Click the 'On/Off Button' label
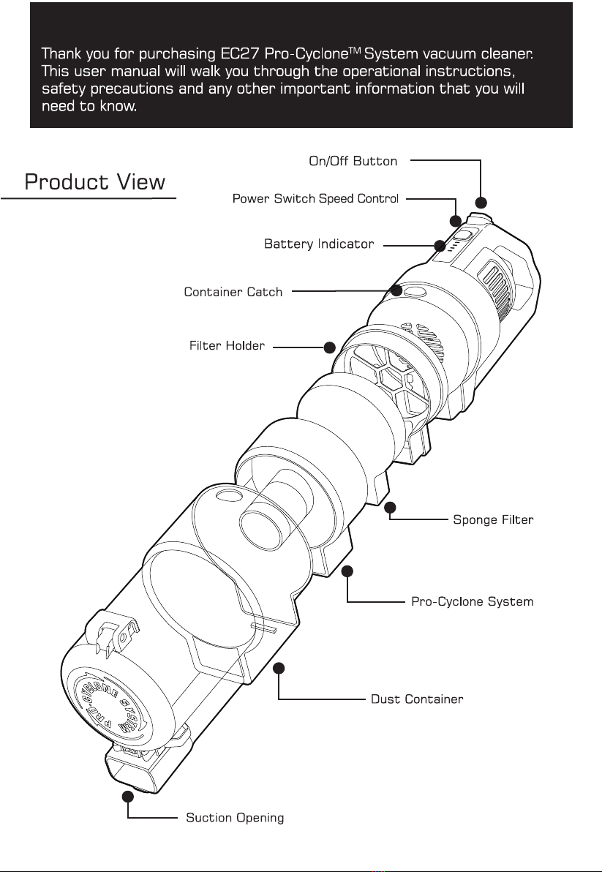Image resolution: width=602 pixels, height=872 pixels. click(x=353, y=161)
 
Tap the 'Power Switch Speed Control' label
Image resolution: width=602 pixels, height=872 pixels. click(x=315, y=199)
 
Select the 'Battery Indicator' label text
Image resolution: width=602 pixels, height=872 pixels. click(x=319, y=244)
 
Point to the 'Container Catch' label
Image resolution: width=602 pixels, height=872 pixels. click(x=233, y=293)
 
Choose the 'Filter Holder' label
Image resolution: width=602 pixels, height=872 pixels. click(x=227, y=345)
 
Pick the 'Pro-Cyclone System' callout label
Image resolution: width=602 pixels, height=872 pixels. click(x=473, y=602)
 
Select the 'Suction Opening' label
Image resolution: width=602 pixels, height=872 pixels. click(x=235, y=817)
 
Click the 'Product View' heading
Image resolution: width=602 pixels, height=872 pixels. click(x=95, y=181)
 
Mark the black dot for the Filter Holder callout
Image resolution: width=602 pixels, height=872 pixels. click(x=329, y=347)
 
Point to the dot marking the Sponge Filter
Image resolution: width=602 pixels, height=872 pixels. click(x=391, y=507)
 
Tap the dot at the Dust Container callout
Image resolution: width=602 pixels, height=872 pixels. click(x=279, y=668)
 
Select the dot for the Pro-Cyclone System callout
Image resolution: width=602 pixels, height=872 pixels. click(x=348, y=570)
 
